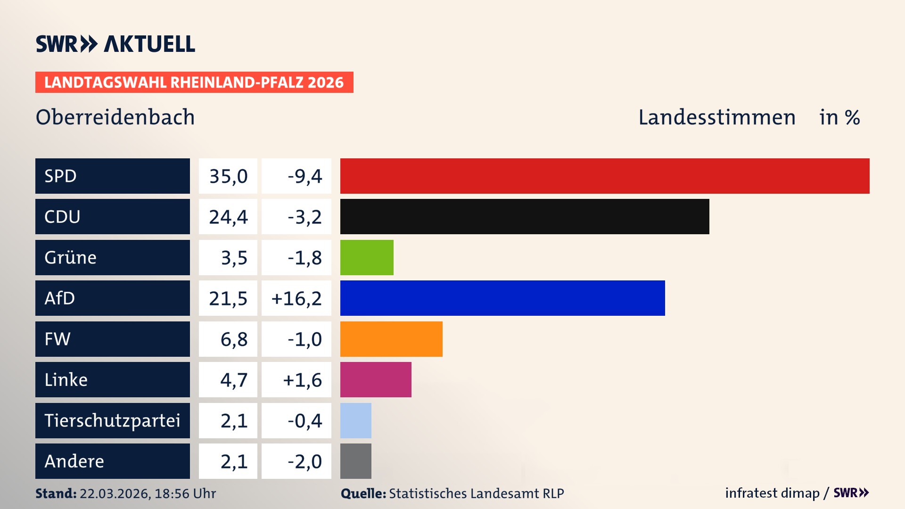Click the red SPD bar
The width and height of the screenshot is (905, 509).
click(x=605, y=176)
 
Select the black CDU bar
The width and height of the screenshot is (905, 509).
click(x=525, y=216)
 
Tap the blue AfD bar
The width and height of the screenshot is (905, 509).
click(x=502, y=298)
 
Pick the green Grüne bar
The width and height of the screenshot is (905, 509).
click(x=367, y=257)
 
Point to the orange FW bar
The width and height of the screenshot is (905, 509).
click(x=391, y=339)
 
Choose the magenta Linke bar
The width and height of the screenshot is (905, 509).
click(x=376, y=379)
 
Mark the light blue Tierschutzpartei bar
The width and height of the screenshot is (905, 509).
click(x=356, y=420)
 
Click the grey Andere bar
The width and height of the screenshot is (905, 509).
click(x=356, y=461)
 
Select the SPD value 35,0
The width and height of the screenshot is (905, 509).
click(x=228, y=176)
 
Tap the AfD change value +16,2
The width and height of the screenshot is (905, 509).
click(x=296, y=298)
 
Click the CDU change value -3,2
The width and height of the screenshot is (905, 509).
click(x=304, y=217)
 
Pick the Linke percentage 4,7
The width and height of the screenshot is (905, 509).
click(x=234, y=380)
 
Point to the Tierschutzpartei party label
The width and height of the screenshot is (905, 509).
click(x=112, y=420)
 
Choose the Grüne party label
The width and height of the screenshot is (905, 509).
click(x=71, y=257)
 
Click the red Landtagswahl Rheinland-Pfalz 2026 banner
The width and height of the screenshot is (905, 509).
click(x=194, y=82)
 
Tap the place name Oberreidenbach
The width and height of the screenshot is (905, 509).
click(x=115, y=117)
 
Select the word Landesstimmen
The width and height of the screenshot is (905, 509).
click(x=716, y=117)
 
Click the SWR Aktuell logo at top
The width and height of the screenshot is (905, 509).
click(x=115, y=44)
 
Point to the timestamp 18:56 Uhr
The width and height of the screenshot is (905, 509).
click(x=185, y=493)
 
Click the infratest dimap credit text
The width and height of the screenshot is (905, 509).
click(x=772, y=493)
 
